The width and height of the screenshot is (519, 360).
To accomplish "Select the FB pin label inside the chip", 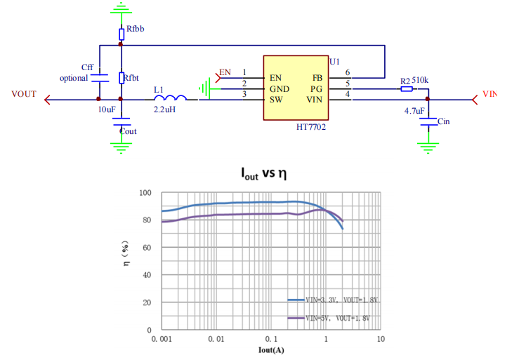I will (x=317, y=77).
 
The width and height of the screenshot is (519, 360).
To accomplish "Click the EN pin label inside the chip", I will (x=276, y=77).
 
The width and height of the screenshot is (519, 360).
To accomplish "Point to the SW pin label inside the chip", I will (x=276, y=100).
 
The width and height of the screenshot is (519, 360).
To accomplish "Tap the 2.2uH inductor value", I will (x=165, y=110).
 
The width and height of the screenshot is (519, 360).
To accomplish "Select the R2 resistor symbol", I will (x=406, y=89).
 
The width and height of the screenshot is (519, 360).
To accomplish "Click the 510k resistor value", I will (x=421, y=81).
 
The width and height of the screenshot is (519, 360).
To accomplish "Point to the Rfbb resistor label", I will (x=136, y=29).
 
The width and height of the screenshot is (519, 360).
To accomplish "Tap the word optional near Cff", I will (x=74, y=78).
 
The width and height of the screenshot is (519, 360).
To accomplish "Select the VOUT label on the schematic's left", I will (x=24, y=94).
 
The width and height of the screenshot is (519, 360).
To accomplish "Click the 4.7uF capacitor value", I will (x=414, y=111).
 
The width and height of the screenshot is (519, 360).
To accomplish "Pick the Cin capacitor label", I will (x=443, y=121).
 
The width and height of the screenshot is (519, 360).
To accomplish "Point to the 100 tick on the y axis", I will (x=145, y=193).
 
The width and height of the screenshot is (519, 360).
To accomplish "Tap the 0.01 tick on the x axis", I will (x=216, y=340).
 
